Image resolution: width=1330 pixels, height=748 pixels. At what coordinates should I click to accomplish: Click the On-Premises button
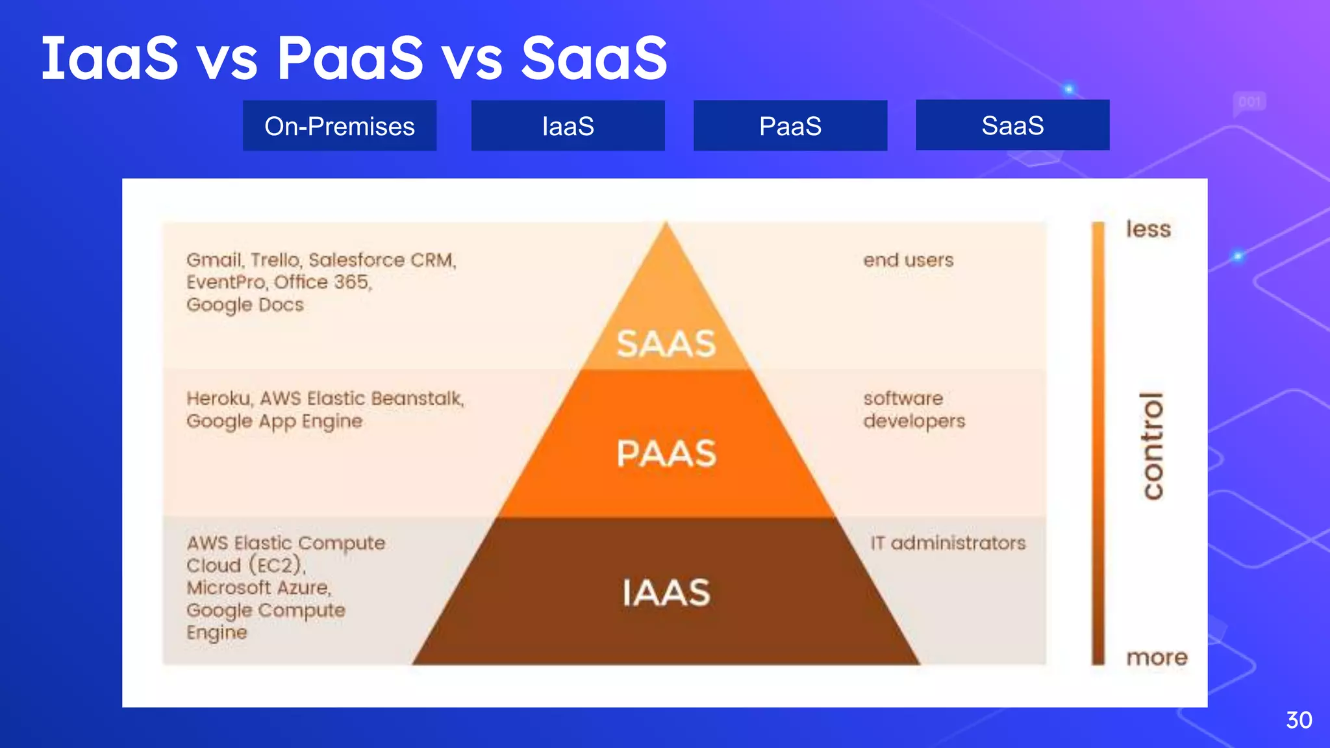click(x=339, y=126)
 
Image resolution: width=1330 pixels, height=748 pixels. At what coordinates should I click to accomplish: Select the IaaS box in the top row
click(x=568, y=126)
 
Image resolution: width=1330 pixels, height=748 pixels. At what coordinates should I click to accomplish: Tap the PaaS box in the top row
click(x=790, y=126)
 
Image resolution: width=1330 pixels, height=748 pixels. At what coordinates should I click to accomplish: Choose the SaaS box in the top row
click(x=1012, y=125)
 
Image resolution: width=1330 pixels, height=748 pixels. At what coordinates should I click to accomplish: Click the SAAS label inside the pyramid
click(x=666, y=343)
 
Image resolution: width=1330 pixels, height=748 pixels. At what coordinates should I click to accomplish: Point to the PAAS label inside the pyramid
click(x=666, y=453)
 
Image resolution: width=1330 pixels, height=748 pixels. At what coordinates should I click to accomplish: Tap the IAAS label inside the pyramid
click(x=666, y=593)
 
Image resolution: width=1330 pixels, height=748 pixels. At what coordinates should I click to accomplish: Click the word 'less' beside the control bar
click(x=1148, y=229)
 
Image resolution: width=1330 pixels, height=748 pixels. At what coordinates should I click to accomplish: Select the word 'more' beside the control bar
click(x=1157, y=657)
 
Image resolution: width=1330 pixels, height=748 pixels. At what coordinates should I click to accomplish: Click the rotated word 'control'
click(x=1153, y=446)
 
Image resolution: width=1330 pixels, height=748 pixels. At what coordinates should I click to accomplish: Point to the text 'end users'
click(x=908, y=260)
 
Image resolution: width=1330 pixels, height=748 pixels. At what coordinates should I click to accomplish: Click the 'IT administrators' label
click(x=947, y=543)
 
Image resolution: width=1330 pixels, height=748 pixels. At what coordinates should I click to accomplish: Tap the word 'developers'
click(x=914, y=421)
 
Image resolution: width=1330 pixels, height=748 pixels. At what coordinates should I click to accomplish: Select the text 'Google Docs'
click(x=245, y=305)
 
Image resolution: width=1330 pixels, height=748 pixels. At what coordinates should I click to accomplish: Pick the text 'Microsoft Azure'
click(x=258, y=588)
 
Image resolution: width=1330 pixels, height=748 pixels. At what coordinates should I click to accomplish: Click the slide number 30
click(x=1298, y=720)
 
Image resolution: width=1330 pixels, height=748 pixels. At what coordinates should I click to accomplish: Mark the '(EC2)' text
click(x=277, y=566)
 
